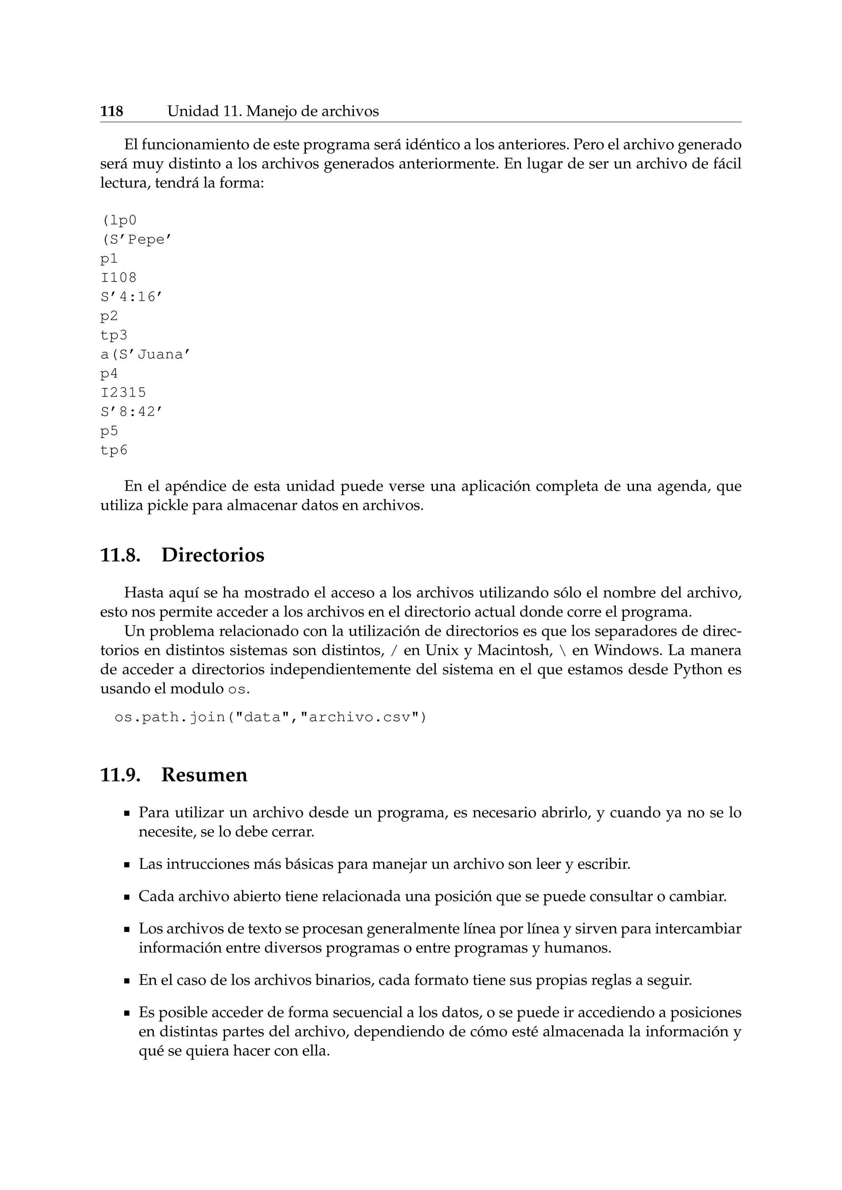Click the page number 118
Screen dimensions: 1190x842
tap(111, 111)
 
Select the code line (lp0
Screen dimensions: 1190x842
tap(119, 220)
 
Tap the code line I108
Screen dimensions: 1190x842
tap(118, 278)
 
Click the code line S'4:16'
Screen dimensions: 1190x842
tap(127, 297)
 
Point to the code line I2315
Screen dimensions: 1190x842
tap(123, 392)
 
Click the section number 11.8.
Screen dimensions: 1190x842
tap(120, 555)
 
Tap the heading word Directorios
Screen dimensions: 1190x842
tap(213, 555)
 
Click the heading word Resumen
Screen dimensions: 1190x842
tap(204, 775)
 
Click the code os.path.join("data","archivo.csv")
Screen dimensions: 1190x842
tap(270, 717)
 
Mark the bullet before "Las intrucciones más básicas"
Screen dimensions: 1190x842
tap(127, 865)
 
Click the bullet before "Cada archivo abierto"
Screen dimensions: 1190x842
tap(127, 897)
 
